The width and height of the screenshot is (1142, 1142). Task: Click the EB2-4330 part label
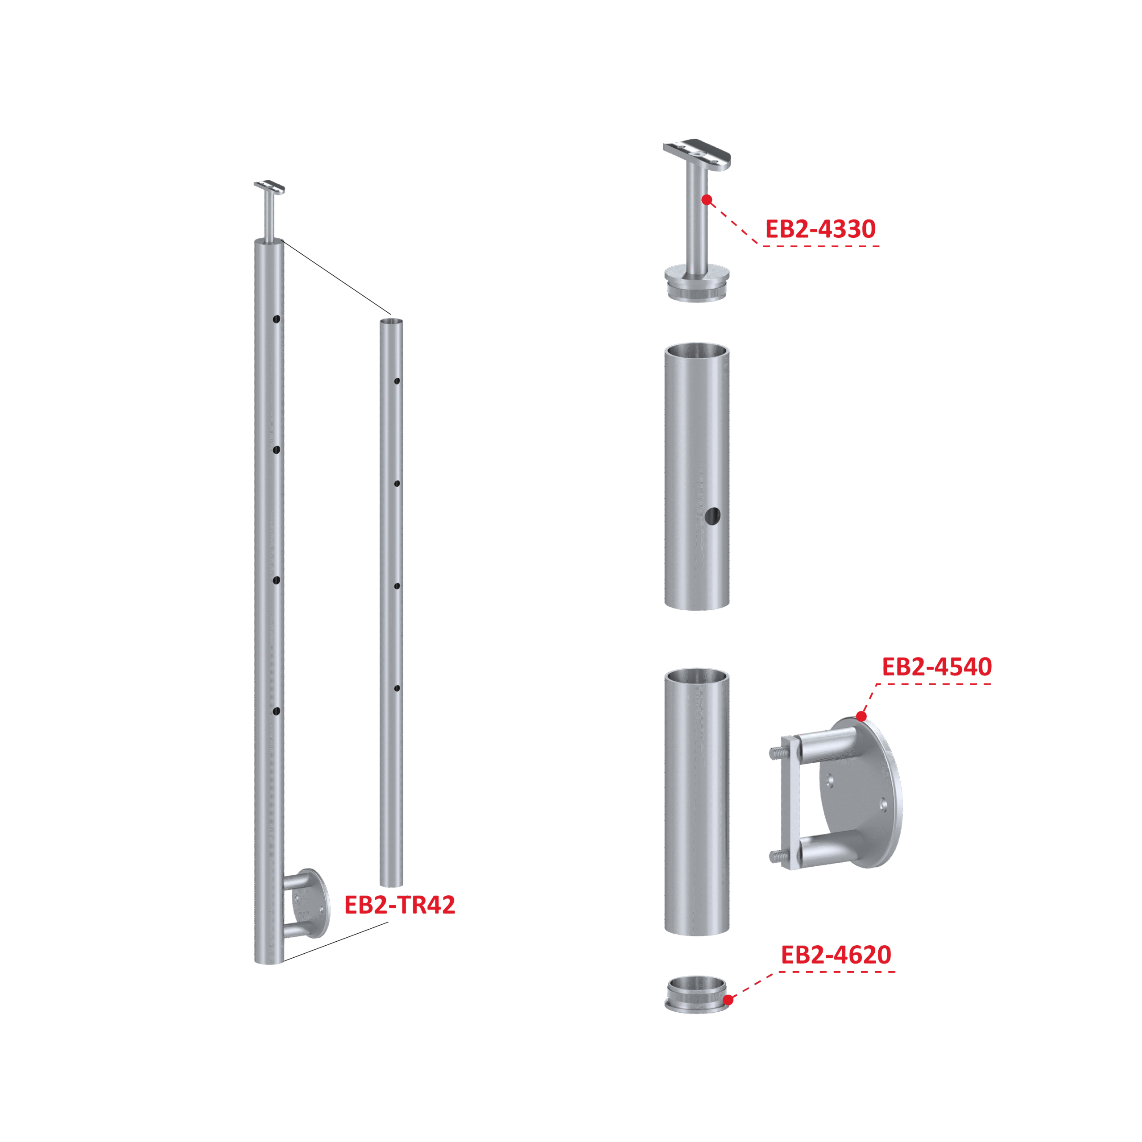pos(820,229)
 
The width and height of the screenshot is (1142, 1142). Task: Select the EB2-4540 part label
pos(937,667)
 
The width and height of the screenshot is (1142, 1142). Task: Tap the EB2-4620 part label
pos(836,955)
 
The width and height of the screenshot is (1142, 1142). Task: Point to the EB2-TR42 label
pos(400,905)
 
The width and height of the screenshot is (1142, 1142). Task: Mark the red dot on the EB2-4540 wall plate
pos(862,716)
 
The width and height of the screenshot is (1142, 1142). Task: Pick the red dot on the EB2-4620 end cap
pos(728,1000)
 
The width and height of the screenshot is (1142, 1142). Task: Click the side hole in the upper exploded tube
pos(713,516)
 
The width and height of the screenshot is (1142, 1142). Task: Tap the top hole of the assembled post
pos(276,319)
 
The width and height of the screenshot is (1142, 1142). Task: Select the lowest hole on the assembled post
pos(276,711)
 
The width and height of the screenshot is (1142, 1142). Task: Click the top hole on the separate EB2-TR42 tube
pos(397,381)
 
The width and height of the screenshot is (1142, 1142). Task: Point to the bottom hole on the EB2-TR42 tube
pos(397,688)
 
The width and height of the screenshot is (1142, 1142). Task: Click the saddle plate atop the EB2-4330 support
pos(697,154)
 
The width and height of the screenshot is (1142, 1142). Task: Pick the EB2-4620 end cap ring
pos(697,994)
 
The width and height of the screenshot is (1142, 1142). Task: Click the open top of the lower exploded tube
pos(697,676)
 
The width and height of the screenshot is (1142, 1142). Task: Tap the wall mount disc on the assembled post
pos(311,903)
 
